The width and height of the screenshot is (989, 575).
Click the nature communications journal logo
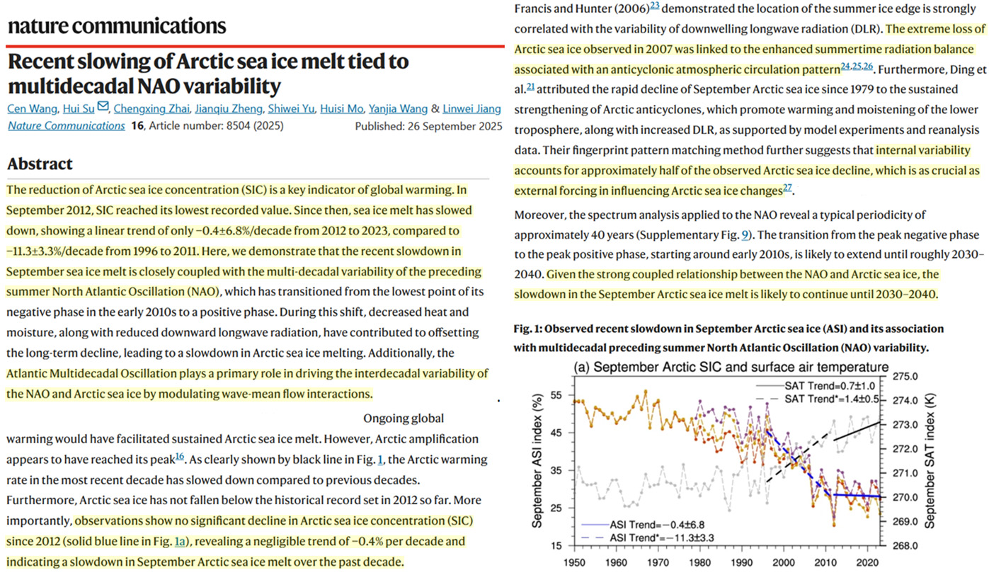[117, 27]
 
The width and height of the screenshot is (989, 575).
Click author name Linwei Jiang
[472, 108]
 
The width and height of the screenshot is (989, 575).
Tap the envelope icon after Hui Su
[103, 108]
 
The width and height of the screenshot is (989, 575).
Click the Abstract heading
[40, 164]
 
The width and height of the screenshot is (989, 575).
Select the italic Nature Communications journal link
[66, 126]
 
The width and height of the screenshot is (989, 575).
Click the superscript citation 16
[181, 457]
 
